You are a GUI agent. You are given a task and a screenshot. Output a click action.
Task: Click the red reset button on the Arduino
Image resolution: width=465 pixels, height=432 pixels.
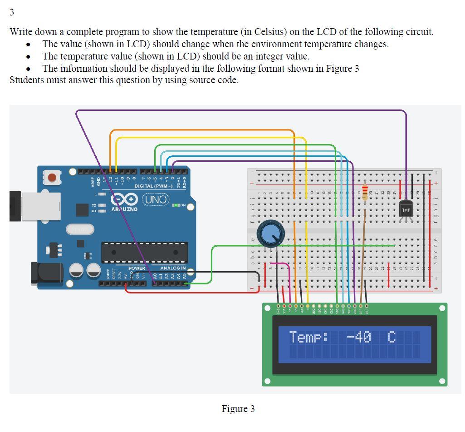point(52,177)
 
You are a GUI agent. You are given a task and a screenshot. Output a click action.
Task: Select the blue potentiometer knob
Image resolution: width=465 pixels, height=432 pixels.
point(270,234)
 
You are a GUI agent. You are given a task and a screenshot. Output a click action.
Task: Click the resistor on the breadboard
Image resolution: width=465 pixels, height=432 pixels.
point(365,191)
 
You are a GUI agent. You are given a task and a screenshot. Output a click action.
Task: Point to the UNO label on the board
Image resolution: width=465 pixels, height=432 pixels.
point(156,199)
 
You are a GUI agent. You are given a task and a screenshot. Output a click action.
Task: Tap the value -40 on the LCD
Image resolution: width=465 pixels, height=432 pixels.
point(359,338)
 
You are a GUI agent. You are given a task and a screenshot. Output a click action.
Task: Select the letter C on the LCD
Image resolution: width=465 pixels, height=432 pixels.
point(392,338)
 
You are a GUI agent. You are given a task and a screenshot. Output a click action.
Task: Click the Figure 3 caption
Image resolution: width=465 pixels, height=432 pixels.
point(238,409)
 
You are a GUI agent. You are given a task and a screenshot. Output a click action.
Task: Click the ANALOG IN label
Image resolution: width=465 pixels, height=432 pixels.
point(173,268)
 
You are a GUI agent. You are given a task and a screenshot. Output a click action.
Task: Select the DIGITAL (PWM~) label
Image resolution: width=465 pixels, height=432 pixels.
point(153,186)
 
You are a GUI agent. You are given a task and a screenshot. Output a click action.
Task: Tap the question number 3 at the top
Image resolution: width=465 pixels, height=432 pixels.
point(12,12)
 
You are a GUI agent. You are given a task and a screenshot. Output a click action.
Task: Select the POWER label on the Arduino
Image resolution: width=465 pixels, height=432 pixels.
point(137,268)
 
